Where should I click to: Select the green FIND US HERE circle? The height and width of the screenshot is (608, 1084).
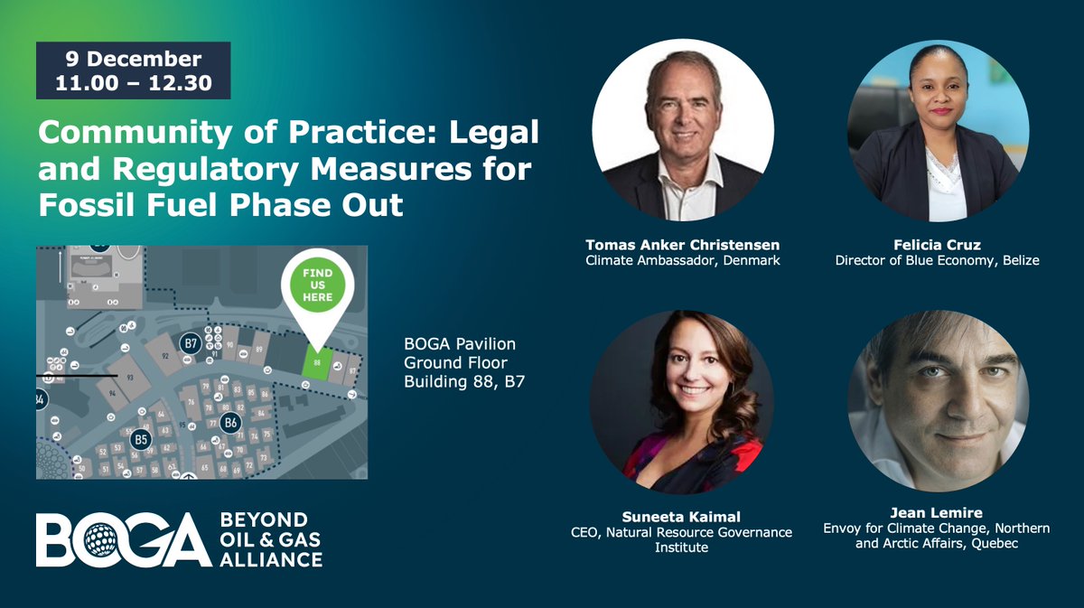click(x=317, y=285)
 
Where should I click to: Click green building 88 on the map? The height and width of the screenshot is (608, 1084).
click(x=317, y=360)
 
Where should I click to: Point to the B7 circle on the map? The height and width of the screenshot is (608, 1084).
click(x=191, y=343)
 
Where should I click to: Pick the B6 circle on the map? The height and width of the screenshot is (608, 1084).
click(x=230, y=422)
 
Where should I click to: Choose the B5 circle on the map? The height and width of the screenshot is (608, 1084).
click(x=140, y=439)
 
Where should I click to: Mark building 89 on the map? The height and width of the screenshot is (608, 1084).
click(x=259, y=350)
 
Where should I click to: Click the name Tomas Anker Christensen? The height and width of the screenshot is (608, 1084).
click(x=682, y=245)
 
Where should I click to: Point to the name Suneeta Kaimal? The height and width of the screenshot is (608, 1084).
click(x=682, y=517)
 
